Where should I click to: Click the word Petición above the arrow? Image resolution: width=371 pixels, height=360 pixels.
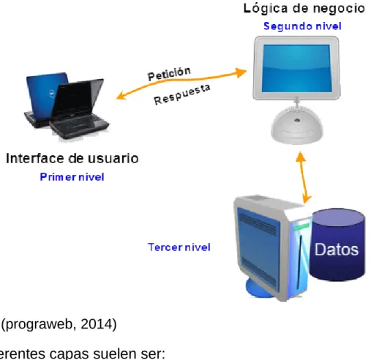[169, 73]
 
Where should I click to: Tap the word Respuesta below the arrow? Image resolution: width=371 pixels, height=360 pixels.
[182, 94]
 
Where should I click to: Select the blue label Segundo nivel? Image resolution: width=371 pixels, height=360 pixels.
[302, 26]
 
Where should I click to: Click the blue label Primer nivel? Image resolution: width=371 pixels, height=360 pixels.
[72, 177]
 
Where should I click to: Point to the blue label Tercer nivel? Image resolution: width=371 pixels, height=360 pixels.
[179, 247]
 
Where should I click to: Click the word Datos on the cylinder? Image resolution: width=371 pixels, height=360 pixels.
[337, 250]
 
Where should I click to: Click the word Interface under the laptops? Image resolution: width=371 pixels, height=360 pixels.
[35, 158]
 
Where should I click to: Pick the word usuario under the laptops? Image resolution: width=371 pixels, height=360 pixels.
[113, 158]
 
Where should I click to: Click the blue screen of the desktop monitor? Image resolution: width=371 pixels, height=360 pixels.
[297, 69]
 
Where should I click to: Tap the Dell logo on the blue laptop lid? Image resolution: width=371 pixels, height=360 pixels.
[52, 94]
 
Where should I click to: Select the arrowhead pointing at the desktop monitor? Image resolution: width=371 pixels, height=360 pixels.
[241, 72]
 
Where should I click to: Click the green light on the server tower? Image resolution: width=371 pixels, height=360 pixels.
[301, 227]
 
